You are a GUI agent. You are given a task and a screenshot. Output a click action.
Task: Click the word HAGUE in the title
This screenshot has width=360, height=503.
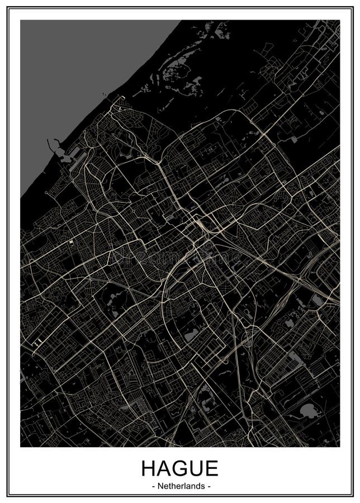click(179, 468)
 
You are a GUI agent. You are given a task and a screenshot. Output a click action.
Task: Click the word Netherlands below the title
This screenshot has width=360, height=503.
click(181, 487)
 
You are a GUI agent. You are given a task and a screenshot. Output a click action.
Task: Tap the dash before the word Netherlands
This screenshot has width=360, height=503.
click(153, 487)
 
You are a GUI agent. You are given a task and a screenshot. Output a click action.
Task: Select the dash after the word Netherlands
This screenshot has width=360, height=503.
click(209, 487)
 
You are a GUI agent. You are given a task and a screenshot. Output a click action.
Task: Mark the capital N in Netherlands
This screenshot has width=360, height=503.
click(160, 487)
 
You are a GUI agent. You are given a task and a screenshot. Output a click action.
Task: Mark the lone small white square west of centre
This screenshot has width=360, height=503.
click(71, 242)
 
